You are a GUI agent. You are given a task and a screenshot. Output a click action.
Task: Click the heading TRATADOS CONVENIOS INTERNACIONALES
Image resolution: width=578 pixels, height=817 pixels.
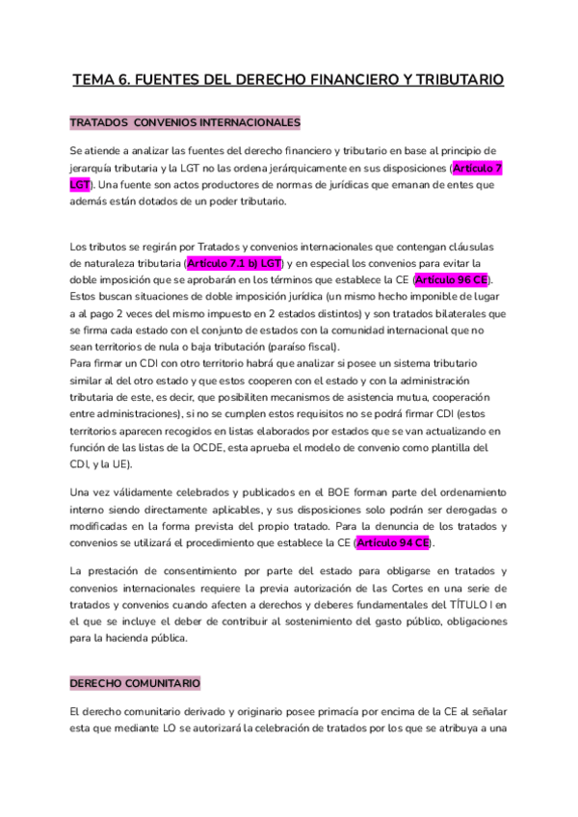click(185, 123)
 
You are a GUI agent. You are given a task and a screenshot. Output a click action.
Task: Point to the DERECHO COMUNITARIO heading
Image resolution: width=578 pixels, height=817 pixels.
click(135, 683)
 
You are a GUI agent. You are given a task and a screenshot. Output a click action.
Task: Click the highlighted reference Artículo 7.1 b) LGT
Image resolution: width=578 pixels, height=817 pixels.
click(234, 262)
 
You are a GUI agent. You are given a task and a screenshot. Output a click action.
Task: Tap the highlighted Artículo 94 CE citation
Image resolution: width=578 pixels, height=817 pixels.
click(394, 543)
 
